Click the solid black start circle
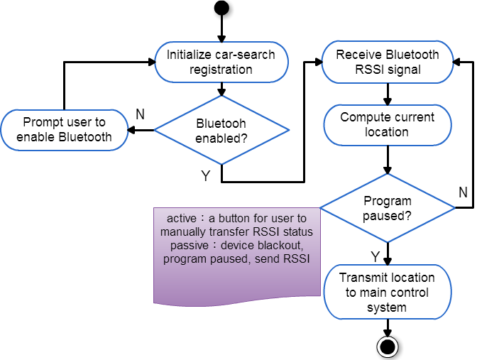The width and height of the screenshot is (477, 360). (x=221, y=8)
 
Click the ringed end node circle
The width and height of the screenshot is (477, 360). (x=388, y=347)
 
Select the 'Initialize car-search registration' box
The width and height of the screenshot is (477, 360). (x=221, y=62)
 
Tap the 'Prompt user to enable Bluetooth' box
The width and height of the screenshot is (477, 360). (x=64, y=130)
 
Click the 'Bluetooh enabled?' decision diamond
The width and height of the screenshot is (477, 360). (x=221, y=130)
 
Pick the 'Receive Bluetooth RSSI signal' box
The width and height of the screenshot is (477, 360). (x=388, y=62)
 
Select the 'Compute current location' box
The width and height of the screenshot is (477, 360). (x=388, y=125)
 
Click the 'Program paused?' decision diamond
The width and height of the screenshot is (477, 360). (x=388, y=208)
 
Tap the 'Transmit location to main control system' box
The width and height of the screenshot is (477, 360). (x=388, y=292)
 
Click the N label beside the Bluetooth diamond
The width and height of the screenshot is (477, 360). (x=140, y=114)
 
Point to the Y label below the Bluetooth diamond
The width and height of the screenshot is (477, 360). (x=206, y=176)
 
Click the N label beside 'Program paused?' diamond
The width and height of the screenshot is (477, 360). (x=463, y=192)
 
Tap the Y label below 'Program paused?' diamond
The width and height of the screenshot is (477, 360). (x=375, y=256)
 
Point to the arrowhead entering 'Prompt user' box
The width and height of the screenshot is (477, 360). (x=131, y=130)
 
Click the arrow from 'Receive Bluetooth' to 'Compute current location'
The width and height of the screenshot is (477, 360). (x=388, y=94)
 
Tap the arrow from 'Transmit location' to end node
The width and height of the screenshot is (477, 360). (x=388, y=328)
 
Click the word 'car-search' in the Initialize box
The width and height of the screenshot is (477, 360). (x=245, y=55)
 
